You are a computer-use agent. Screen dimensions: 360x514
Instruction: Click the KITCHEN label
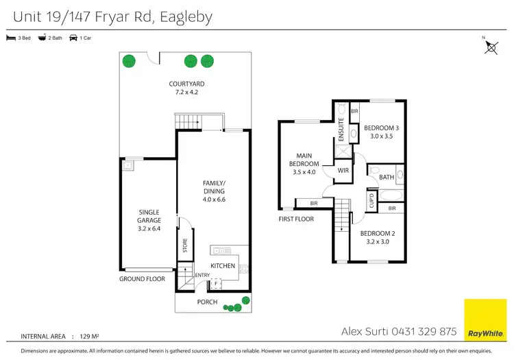[x=223, y=265]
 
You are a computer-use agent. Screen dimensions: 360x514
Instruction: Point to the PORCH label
[x=207, y=302]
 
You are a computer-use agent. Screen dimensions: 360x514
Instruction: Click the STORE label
[x=184, y=245]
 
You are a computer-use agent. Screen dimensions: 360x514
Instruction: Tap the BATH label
[x=387, y=177]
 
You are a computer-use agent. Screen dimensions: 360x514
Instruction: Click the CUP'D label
[x=372, y=201]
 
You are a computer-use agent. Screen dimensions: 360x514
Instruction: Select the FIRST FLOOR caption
[x=296, y=219]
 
